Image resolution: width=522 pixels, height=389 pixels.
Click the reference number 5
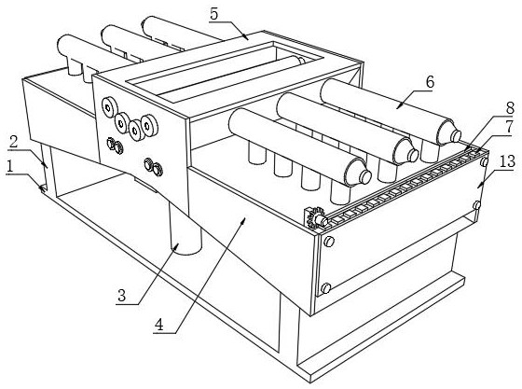tap(213, 14)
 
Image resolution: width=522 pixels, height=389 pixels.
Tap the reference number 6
tap(430, 81)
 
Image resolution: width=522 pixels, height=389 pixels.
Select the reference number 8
tap(510, 108)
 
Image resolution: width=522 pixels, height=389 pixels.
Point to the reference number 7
tap(509, 127)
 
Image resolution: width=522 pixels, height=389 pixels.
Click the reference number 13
tap(507, 162)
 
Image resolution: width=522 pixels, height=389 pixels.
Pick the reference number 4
tap(159, 325)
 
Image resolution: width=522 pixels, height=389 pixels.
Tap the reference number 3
tap(122, 296)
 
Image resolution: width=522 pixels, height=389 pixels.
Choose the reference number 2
tap(13, 142)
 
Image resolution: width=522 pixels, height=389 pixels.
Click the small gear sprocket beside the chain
tap(315, 218)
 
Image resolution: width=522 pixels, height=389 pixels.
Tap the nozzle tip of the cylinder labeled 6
tap(456, 135)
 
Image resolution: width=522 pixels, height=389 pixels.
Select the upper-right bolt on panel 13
tap(484, 162)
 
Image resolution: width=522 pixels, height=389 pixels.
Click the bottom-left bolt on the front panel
tap(326, 287)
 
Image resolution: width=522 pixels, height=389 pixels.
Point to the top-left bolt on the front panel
tap(328, 242)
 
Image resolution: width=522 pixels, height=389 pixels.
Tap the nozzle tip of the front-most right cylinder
tap(365, 176)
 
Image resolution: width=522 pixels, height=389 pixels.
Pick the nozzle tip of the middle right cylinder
tap(413, 155)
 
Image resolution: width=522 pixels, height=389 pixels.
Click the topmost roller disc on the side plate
tap(108, 107)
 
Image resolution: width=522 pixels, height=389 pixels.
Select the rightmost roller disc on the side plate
tap(148, 126)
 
